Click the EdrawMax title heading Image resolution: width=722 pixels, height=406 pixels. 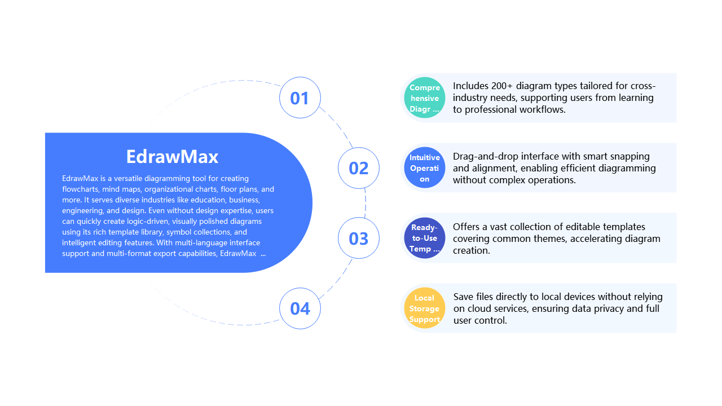[172, 156]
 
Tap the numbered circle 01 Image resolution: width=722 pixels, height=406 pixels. [300, 98]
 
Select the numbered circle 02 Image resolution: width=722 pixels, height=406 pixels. [359, 168]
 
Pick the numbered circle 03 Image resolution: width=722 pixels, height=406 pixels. [359, 239]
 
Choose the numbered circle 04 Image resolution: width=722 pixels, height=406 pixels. [300, 308]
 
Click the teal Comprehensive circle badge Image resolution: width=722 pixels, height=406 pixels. [424, 98]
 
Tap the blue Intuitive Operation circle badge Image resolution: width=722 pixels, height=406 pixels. [424, 168]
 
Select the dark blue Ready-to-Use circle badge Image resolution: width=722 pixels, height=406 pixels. [424, 238]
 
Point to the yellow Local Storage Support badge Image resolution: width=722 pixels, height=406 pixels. [424, 308]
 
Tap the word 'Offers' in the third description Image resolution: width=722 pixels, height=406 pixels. [467, 227]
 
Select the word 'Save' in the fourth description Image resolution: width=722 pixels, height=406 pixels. [464, 297]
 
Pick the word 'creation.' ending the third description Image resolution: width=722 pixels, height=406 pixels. [472, 250]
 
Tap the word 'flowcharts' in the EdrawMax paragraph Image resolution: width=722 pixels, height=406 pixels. [81, 189]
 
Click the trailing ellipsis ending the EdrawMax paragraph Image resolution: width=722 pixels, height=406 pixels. [263, 253]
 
